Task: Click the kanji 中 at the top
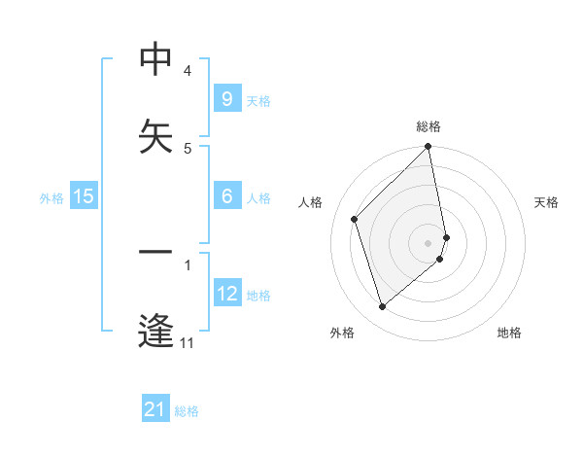tap(155, 60)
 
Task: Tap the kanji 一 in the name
tap(155, 253)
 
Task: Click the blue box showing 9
tap(226, 99)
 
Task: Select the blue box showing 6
tap(226, 196)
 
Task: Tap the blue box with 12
tap(226, 294)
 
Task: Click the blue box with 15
tap(84, 196)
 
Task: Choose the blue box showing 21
tap(155, 410)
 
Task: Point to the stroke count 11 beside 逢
tap(188, 342)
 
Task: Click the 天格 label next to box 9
tap(258, 100)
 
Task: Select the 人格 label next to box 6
tap(258, 197)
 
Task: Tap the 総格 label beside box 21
tap(187, 411)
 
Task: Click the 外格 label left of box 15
tap(51, 197)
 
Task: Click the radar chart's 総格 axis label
tap(429, 126)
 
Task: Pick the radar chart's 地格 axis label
tap(509, 333)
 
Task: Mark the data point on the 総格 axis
tap(429, 148)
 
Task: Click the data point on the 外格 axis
tap(382, 307)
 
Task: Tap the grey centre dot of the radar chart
tap(429, 242)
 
